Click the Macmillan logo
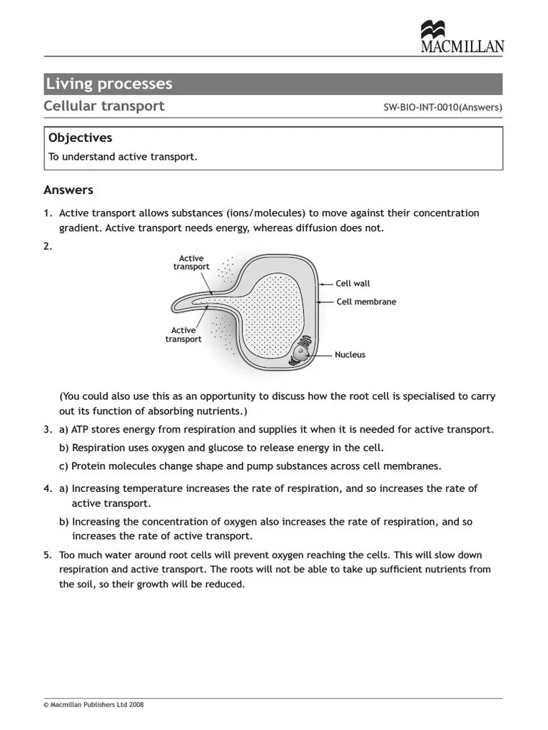pyautogui.click(x=462, y=37)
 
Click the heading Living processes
pyautogui.click(x=109, y=84)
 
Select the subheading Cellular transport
pyautogui.click(x=104, y=106)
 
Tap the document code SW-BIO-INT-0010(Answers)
pyautogui.click(x=443, y=108)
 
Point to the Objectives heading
pyautogui.click(x=80, y=138)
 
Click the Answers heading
pyautogui.click(x=68, y=190)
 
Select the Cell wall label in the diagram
pyautogui.click(x=352, y=284)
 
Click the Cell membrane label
pyautogui.click(x=365, y=302)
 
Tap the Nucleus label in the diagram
pyautogui.click(x=350, y=354)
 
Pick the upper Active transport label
pyautogui.click(x=191, y=262)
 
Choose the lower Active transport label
pyautogui.click(x=183, y=334)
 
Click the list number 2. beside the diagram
pyautogui.click(x=49, y=247)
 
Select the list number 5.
pyautogui.click(x=48, y=555)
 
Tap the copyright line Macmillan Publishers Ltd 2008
pyautogui.click(x=94, y=704)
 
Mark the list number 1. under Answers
pyautogui.click(x=48, y=213)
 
